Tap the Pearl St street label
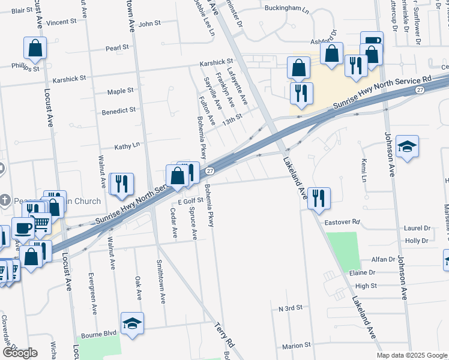[x=118, y=47]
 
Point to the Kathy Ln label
[x=127, y=145]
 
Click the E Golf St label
[x=191, y=200]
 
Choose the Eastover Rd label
[x=342, y=221]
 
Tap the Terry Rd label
[x=224, y=335]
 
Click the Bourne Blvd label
[x=101, y=332]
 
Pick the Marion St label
[x=297, y=346]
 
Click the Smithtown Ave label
[x=161, y=282]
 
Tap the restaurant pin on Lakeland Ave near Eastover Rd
[x=319, y=197]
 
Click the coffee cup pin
[x=23, y=229]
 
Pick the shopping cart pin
[x=40, y=224]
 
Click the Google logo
[x=20, y=353]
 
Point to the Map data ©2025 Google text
[x=412, y=355]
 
